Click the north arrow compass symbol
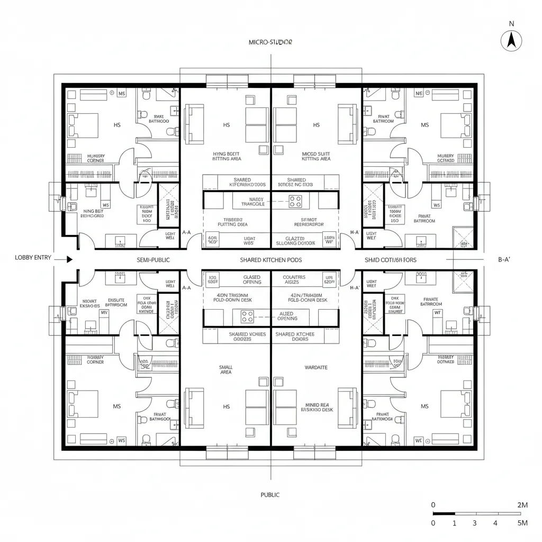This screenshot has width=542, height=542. pos(511,40)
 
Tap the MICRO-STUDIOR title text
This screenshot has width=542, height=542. pos(270,42)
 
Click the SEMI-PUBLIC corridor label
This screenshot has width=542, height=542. pos(153,260)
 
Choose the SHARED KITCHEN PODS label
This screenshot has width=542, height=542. pos(271,260)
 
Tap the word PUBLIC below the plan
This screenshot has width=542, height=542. pos(270,495)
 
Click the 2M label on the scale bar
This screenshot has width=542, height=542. pos(521,505)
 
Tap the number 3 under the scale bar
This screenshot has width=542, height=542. pos(474,523)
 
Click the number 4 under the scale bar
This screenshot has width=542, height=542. pos(495,523)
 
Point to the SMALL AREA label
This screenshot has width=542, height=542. pos(225,369)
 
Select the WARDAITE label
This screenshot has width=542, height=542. pos(316,367)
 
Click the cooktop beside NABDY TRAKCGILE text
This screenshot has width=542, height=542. pos(295,201)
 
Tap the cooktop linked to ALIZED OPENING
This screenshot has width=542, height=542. pos(247,316)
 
